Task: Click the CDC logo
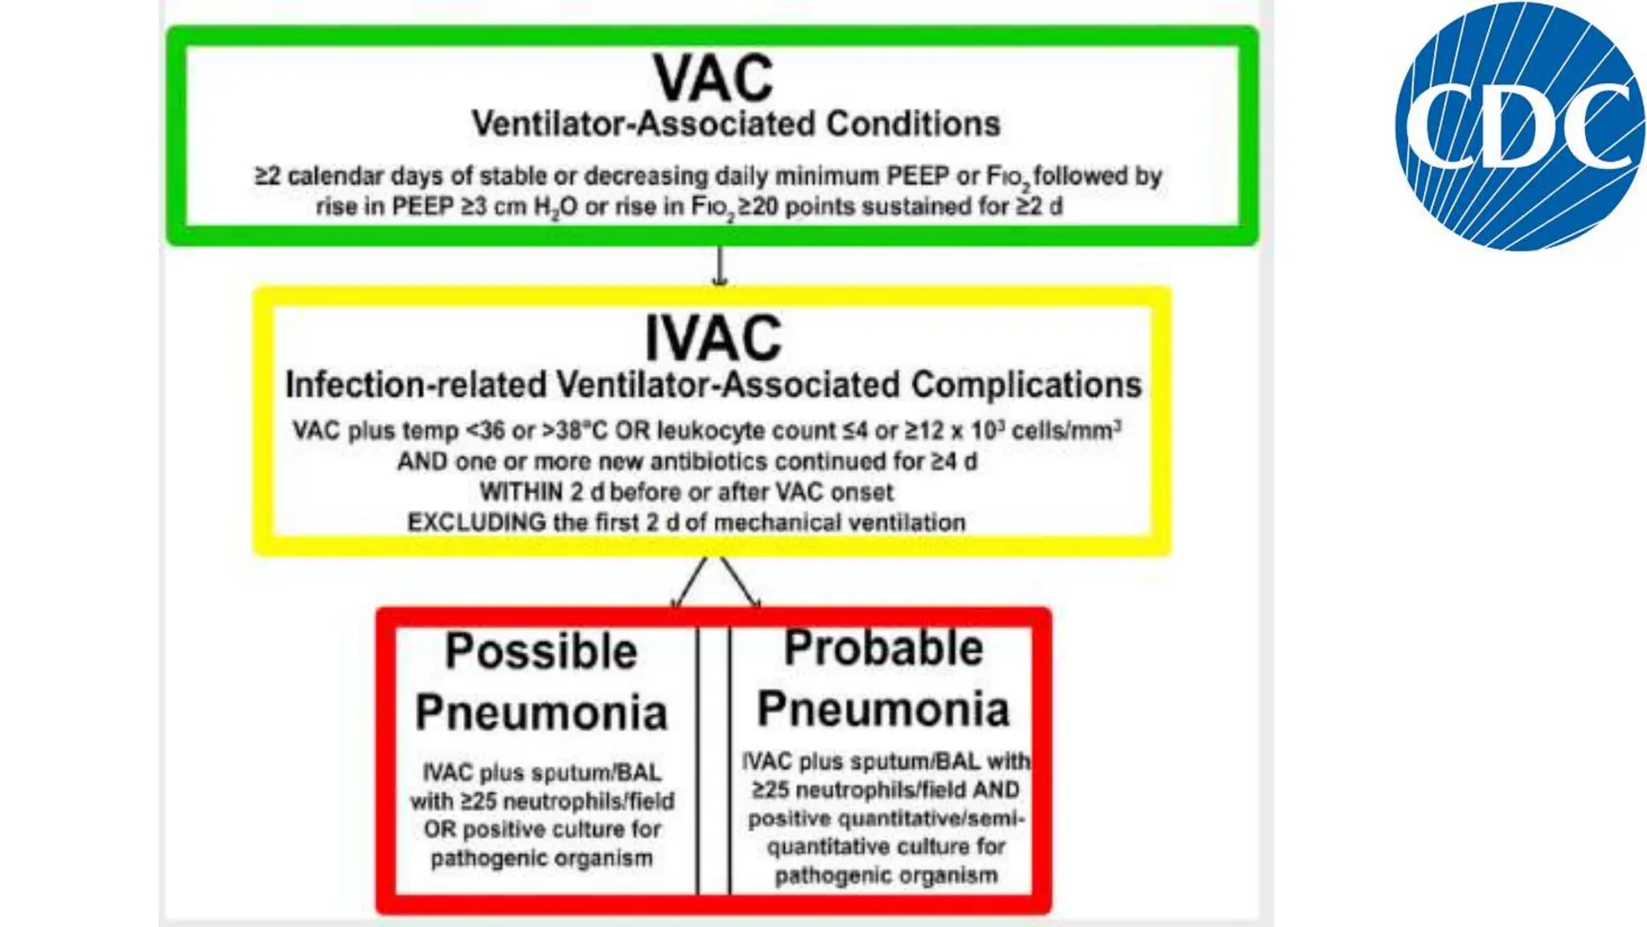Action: point(1519,126)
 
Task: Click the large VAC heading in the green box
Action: point(713,78)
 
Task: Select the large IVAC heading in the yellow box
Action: point(713,338)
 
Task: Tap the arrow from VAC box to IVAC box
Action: point(720,266)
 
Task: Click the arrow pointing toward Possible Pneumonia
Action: point(690,582)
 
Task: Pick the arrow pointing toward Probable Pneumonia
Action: point(741,582)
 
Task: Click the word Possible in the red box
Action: point(541,651)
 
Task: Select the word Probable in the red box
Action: point(883,648)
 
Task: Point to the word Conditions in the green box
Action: point(913,124)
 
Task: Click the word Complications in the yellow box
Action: point(1026,385)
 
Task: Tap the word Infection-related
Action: point(416,385)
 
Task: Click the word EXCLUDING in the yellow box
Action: point(477,522)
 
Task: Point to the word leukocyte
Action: point(712,431)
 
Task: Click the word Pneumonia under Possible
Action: point(541,712)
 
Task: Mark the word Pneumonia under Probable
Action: point(883,709)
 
